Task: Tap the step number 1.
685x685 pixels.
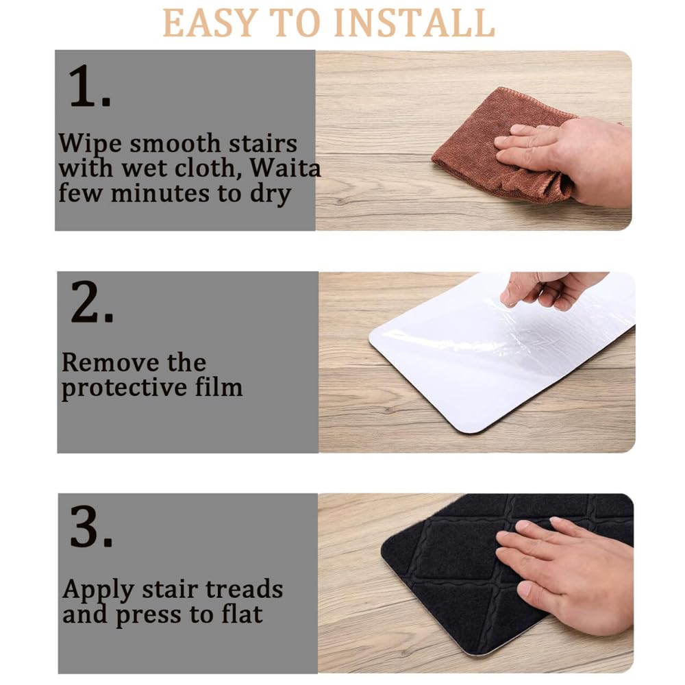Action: coord(90,86)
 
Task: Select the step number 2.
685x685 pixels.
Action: coord(92,302)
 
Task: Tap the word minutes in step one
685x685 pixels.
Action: coord(160,193)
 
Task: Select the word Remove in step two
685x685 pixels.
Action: coord(110,362)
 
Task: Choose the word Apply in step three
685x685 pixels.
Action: coord(98,590)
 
